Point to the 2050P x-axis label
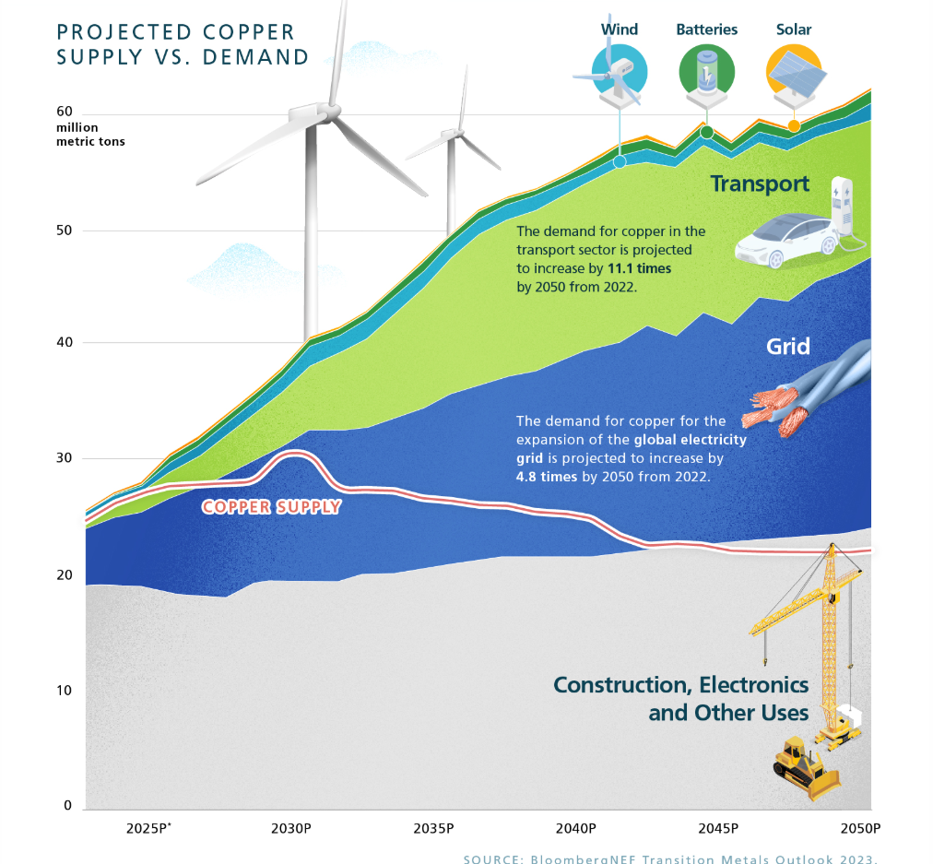pyautogui.click(x=861, y=827)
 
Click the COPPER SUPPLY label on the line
pyautogui.click(x=272, y=506)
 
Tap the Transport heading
pyautogui.click(x=760, y=183)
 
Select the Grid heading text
pyautogui.click(x=788, y=347)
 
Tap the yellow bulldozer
pyautogui.click(x=805, y=766)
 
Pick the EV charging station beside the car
pyautogui.click(x=843, y=212)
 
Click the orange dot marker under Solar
pyautogui.click(x=794, y=126)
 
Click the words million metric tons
pyautogui.click(x=90, y=135)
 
